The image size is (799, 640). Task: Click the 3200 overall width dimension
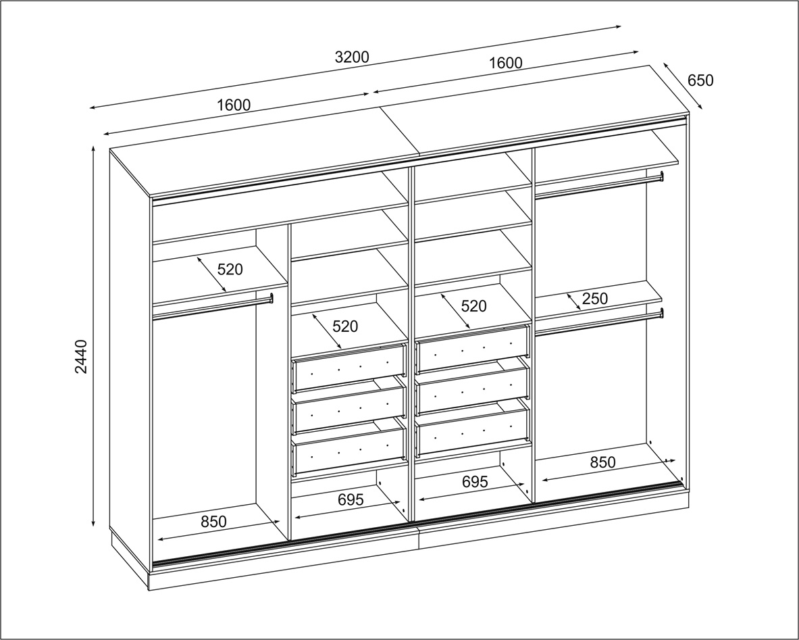coord(352,57)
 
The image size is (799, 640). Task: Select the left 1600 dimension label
coord(234,105)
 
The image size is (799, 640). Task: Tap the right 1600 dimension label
coord(505,63)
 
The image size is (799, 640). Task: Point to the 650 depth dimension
coord(700,80)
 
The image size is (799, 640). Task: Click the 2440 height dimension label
coord(82,356)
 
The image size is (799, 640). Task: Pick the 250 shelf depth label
coord(594,298)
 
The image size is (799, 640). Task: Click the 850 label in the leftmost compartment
coord(213,522)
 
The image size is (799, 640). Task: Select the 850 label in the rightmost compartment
coord(603,462)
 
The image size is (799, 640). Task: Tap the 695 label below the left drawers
coord(351,499)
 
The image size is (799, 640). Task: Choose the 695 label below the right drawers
coord(475,481)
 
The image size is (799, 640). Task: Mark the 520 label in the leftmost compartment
coord(230,269)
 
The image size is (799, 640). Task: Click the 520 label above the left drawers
coord(345,326)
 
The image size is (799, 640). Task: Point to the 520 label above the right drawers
coord(474,306)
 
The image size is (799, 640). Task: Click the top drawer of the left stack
coord(349,368)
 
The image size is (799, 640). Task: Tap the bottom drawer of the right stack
coord(473,429)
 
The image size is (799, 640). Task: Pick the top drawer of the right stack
coord(473,349)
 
